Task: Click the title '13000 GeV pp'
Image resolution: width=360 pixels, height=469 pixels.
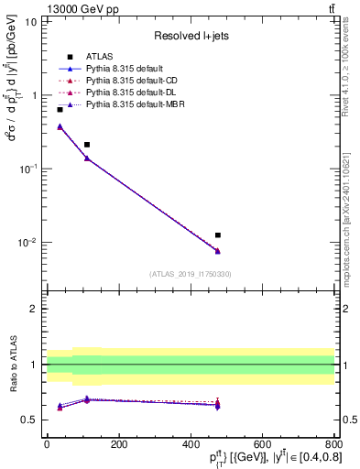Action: point(40,8)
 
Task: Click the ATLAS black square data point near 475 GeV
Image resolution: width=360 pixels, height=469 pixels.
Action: point(217,235)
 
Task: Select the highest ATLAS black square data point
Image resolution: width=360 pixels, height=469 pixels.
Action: point(60,110)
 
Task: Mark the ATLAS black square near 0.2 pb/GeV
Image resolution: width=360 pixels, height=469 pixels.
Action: point(87,145)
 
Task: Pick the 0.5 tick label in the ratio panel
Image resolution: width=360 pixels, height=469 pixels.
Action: point(29,420)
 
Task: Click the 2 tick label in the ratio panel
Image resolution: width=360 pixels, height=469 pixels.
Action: point(34,309)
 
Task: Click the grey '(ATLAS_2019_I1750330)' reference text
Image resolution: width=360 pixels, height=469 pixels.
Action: point(191,274)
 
